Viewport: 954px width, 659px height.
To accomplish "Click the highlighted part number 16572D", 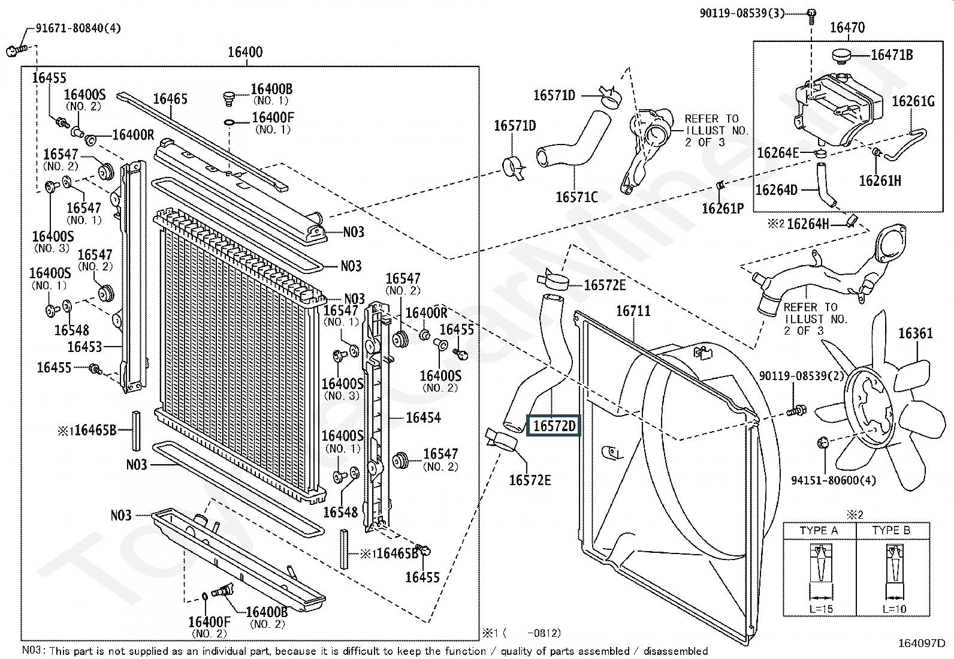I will point(553,426).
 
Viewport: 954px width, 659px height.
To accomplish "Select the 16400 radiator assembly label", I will point(244,52).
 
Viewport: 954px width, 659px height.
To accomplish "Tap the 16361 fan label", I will point(915,333).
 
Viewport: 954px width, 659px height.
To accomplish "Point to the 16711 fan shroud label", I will point(633,311).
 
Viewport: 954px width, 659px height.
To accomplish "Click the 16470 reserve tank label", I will point(847,27).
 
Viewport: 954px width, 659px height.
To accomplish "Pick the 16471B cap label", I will point(892,55).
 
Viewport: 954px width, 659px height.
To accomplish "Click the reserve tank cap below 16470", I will point(841,56).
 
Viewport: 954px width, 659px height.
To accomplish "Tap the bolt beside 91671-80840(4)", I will point(16,50).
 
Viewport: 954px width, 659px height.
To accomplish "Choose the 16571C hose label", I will point(576,197).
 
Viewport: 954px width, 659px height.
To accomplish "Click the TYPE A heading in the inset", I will point(819,531).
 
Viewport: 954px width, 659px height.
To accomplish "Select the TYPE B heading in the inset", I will point(891,531).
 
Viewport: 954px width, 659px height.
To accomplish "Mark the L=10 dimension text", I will point(894,609).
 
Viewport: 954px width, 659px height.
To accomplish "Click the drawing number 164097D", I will point(925,643).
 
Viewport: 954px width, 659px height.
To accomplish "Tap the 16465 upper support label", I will point(170,99).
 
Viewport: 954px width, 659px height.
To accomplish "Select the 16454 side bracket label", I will point(423,417).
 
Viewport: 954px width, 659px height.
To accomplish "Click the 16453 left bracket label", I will point(84,347).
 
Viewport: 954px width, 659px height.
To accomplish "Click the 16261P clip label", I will point(723,208).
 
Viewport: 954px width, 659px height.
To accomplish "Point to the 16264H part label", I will point(808,224).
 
